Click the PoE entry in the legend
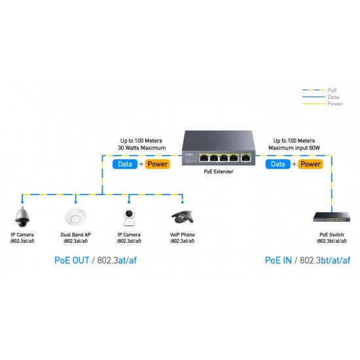click(x=333, y=90)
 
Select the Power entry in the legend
click(x=334, y=103)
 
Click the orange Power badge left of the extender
click(x=156, y=164)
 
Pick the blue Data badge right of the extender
click(x=278, y=164)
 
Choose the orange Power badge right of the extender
click(x=310, y=164)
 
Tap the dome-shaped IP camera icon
click(x=24, y=215)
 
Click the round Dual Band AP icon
click(x=77, y=216)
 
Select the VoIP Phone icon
click(x=181, y=217)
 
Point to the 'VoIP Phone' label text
click(x=182, y=234)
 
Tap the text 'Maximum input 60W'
click(x=294, y=148)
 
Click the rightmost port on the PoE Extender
click(x=245, y=158)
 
